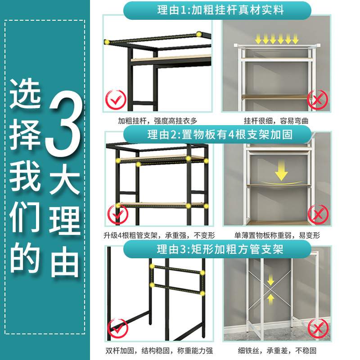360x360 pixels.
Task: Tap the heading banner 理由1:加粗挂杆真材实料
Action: click(x=217, y=10)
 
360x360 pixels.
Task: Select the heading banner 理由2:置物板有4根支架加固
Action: click(x=217, y=134)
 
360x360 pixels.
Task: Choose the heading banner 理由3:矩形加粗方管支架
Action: click(x=217, y=249)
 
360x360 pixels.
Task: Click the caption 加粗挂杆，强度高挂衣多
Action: click(x=158, y=121)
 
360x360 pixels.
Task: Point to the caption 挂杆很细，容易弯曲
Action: click(x=276, y=121)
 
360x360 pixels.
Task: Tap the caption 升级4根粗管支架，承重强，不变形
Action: click(x=158, y=235)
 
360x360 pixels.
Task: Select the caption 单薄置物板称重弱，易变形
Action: click(x=276, y=235)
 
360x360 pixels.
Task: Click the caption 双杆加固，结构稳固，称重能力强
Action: click(x=158, y=351)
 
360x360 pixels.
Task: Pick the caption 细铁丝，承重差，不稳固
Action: click(x=276, y=351)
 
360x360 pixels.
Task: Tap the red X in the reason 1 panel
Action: click(x=317, y=99)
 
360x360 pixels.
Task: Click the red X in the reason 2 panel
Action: click(x=317, y=213)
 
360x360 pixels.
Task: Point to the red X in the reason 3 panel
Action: click(x=317, y=327)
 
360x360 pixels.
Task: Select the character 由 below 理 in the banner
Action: click(x=65, y=258)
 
